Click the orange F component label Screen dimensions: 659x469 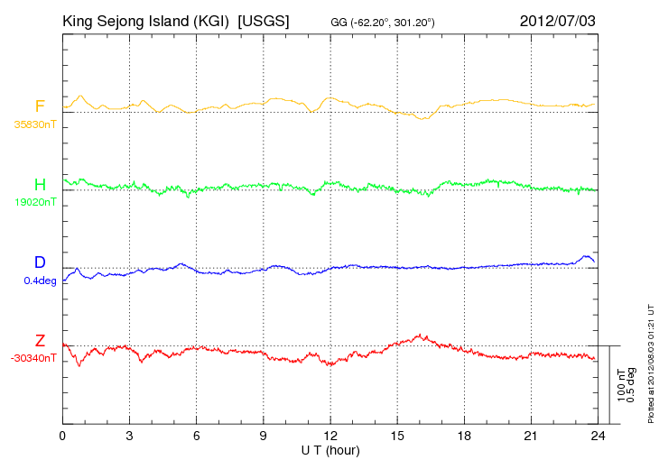click(x=40, y=106)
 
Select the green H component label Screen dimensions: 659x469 click(x=40, y=184)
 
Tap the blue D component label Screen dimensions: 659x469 click(x=40, y=262)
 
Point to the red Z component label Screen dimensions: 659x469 click(x=40, y=340)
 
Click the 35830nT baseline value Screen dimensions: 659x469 click(x=35, y=124)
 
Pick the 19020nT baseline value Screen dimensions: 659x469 click(x=35, y=202)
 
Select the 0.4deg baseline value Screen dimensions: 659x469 click(x=41, y=280)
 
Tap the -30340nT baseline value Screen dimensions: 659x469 click(x=33, y=359)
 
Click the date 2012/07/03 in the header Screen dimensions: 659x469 click(x=558, y=21)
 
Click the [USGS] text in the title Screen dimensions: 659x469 click(x=264, y=21)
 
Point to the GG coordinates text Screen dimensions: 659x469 click(x=383, y=23)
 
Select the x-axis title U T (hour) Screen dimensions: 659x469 click(x=330, y=451)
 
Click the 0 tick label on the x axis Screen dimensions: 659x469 click(x=62, y=436)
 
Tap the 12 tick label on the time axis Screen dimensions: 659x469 click(x=330, y=436)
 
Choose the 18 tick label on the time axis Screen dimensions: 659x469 click(x=464, y=436)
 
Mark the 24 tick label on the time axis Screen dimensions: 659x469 click(x=598, y=436)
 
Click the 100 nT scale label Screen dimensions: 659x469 click(x=622, y=385)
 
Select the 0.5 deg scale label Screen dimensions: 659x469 click(x=631, y=385)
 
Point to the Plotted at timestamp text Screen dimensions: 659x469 click(x=651, y=364)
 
